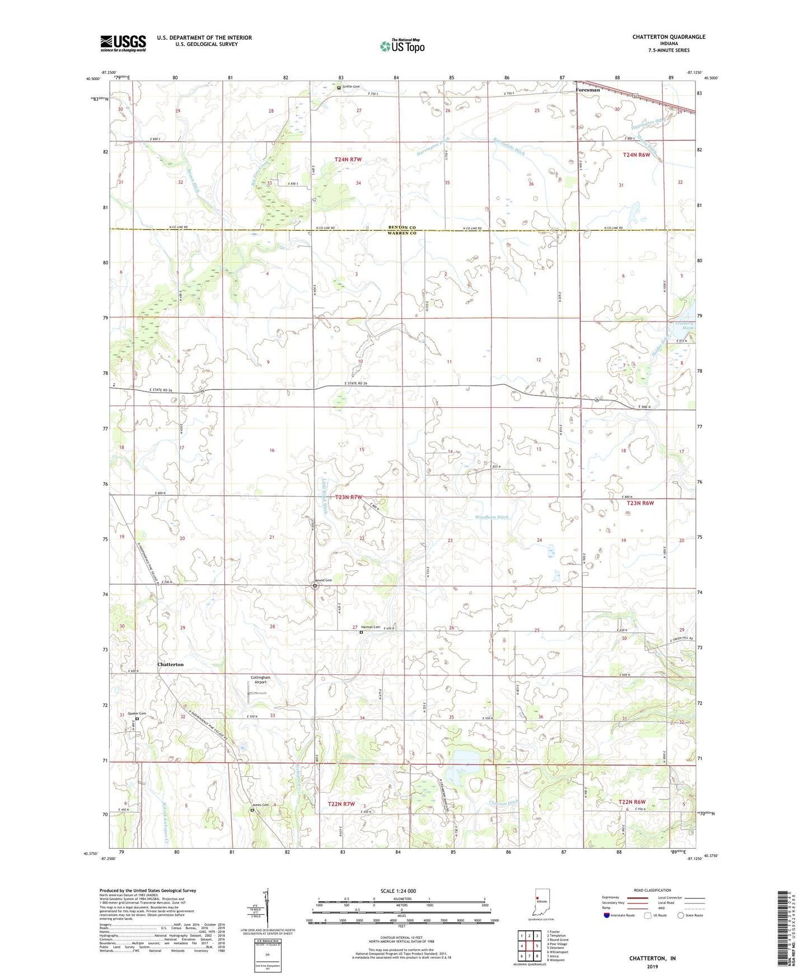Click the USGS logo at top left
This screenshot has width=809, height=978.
click(x=123, y=43)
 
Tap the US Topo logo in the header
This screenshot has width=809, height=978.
click(x=401, y=46)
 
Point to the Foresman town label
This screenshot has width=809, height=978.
click(x=588, y=90)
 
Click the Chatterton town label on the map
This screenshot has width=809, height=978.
click(x=170, y=664)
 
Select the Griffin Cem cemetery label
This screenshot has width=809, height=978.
click(x=352, y=87)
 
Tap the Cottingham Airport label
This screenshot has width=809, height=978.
click(x=262, y=680)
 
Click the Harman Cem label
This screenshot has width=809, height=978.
click(x=370, y=627)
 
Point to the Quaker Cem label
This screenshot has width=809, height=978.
click(x=137, y=714)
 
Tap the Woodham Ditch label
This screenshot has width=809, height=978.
click(x=491, y=517)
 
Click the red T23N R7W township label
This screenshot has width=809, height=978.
click(x=348, y=497)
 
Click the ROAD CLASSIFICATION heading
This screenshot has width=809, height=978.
click(x=652, y=890)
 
